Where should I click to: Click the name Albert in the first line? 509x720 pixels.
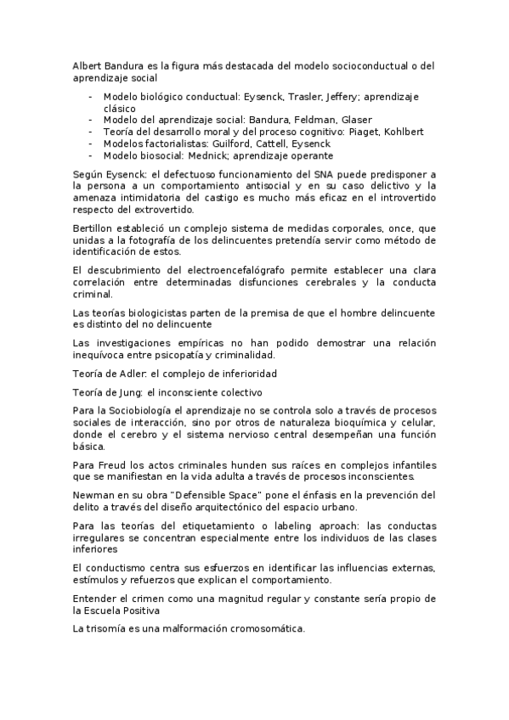click(x=86, y=65)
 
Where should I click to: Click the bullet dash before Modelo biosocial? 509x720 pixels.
click(x=90, y=155)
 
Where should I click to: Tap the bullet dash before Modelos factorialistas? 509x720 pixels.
click(x=90, y=143)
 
